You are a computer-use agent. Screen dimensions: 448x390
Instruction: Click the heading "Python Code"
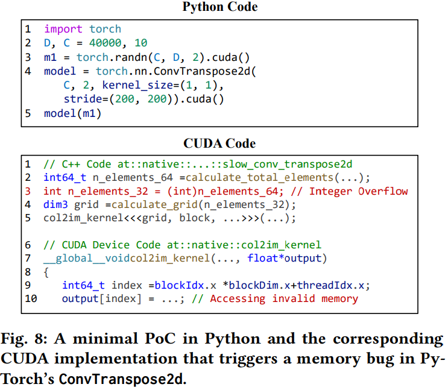[220, 7]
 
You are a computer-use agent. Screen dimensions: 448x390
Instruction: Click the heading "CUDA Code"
[219, 143]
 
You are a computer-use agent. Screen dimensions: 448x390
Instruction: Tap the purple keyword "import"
[63, 29]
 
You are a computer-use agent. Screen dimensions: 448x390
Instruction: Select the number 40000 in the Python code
[105, 43]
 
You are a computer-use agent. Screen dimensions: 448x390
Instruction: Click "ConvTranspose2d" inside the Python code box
[202, 71]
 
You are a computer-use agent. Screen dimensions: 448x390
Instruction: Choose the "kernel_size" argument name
[137, 85]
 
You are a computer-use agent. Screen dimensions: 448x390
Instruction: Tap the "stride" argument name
[83, 99]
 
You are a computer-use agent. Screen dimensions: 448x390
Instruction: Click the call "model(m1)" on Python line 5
[72, 113]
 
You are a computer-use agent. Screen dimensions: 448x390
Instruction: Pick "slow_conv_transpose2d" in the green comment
[288, 165]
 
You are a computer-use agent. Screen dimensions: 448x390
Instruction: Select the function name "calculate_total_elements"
[259, 178]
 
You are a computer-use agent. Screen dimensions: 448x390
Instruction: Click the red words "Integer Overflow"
[359, 191]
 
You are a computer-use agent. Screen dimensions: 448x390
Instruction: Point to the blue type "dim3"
[55, 204]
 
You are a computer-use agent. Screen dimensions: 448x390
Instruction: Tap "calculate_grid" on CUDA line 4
[154, 204]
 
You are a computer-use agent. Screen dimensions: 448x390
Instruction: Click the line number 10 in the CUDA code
[31, 298]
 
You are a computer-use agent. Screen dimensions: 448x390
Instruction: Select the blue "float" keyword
[262, 258]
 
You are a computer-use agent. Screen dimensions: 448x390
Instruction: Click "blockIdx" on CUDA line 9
[179, 286]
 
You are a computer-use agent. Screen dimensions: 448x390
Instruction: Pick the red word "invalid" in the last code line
[294, 298]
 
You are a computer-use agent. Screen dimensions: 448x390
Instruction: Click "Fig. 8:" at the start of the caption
[24, 339]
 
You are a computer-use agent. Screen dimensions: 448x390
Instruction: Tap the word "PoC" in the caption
[160, 339]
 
